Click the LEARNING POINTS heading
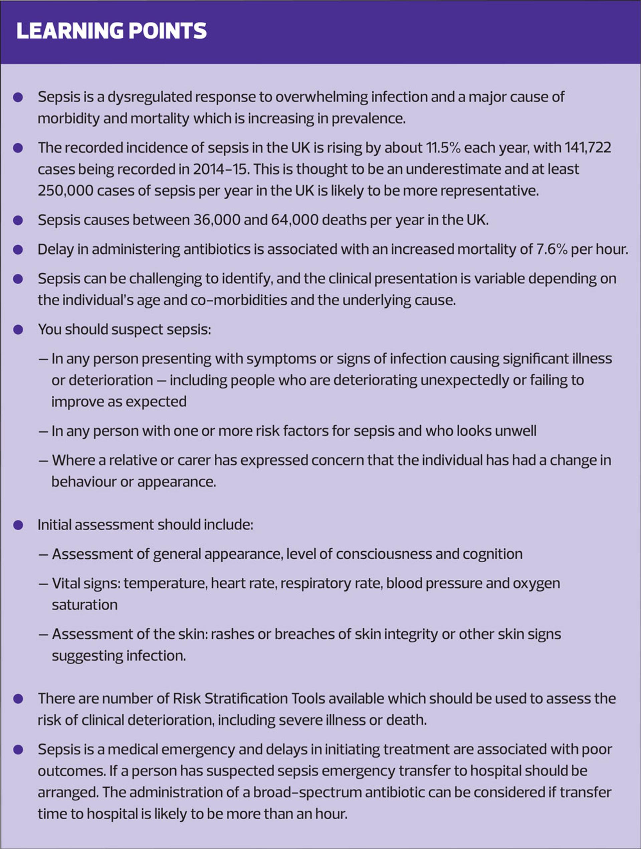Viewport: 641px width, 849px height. click(112, 31)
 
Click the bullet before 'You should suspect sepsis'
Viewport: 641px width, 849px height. click(18, 330)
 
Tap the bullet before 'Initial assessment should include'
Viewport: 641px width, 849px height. click(18, 525)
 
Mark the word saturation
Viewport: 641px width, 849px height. click(84, 605)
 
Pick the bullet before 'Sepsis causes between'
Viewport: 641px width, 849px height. click(18, 220)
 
